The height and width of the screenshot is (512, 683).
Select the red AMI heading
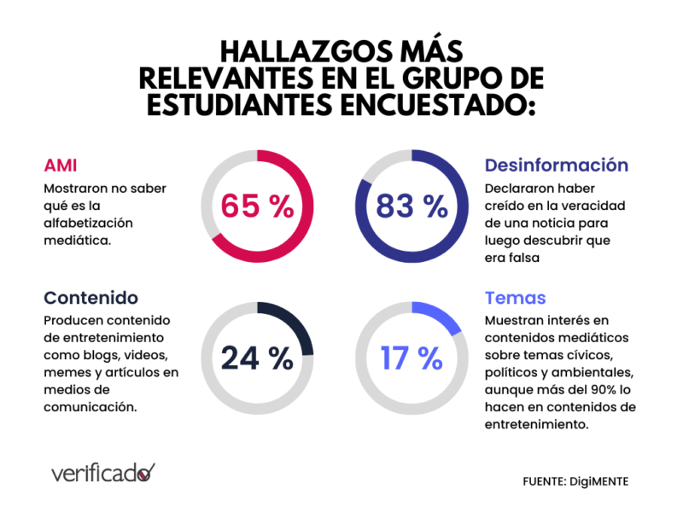click(61, 165)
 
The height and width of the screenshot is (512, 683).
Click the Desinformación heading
click(556, 165)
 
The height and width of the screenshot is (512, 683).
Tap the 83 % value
click(412, 207)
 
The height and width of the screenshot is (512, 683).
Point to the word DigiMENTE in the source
click(600, 481)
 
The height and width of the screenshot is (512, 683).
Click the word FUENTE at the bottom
click(545, 481)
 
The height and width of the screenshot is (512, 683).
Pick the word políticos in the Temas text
click(514, 372)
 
